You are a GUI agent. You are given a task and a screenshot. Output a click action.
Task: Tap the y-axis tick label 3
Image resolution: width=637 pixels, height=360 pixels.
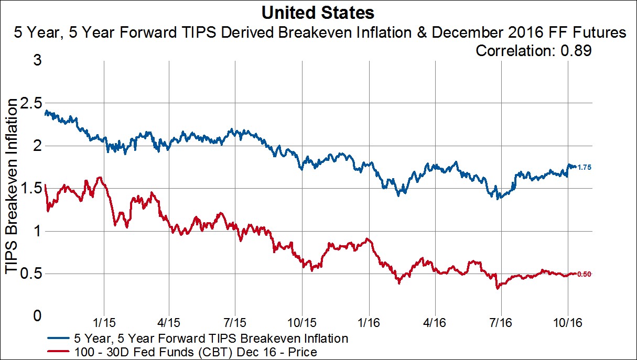(x=36, y=60)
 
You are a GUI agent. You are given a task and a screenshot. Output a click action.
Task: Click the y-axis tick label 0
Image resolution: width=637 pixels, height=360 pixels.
(x=36, y=317)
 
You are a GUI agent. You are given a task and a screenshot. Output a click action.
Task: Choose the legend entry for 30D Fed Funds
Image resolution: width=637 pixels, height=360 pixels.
(x=194, y=352)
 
